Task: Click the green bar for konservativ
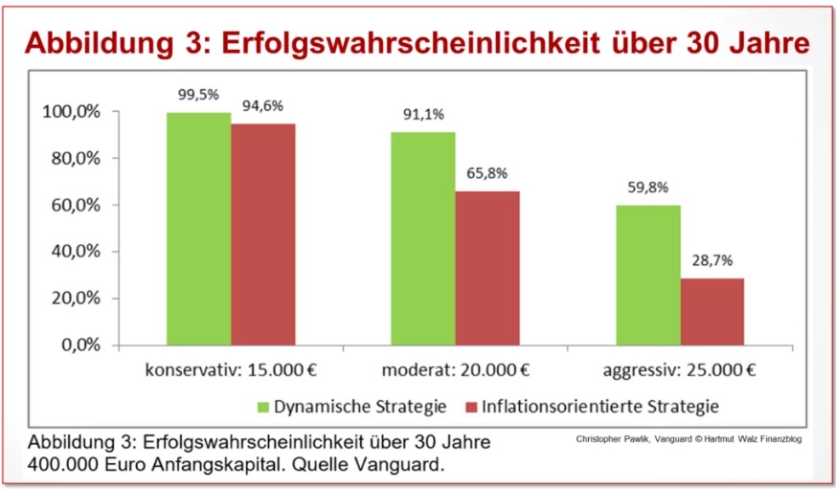198,229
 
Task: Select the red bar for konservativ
263,234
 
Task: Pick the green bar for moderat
422,238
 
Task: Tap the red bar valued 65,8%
487,268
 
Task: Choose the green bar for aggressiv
648,275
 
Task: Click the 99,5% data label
197,96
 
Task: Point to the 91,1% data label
422,115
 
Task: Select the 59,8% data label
647,189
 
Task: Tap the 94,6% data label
263,107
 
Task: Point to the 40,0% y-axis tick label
77,252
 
